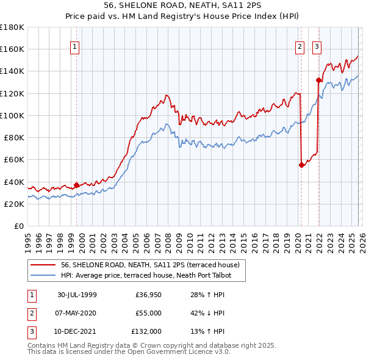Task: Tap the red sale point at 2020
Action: coord(301,164)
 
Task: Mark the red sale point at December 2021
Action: coord(318,79)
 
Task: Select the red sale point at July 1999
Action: coord(76,185)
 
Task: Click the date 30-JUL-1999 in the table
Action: coord(77,295)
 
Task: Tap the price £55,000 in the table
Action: coord(148,313)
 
